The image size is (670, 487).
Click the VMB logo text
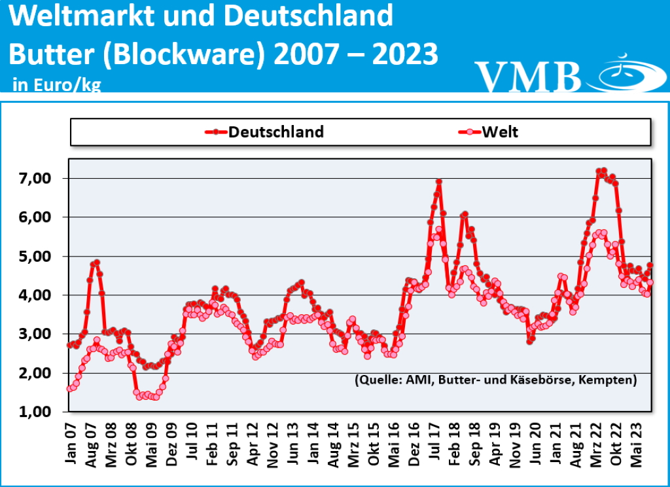[x=527, y=76]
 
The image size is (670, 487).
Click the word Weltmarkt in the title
[x=79, y=16]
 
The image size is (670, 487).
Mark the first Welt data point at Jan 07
[x=70, y=389]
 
